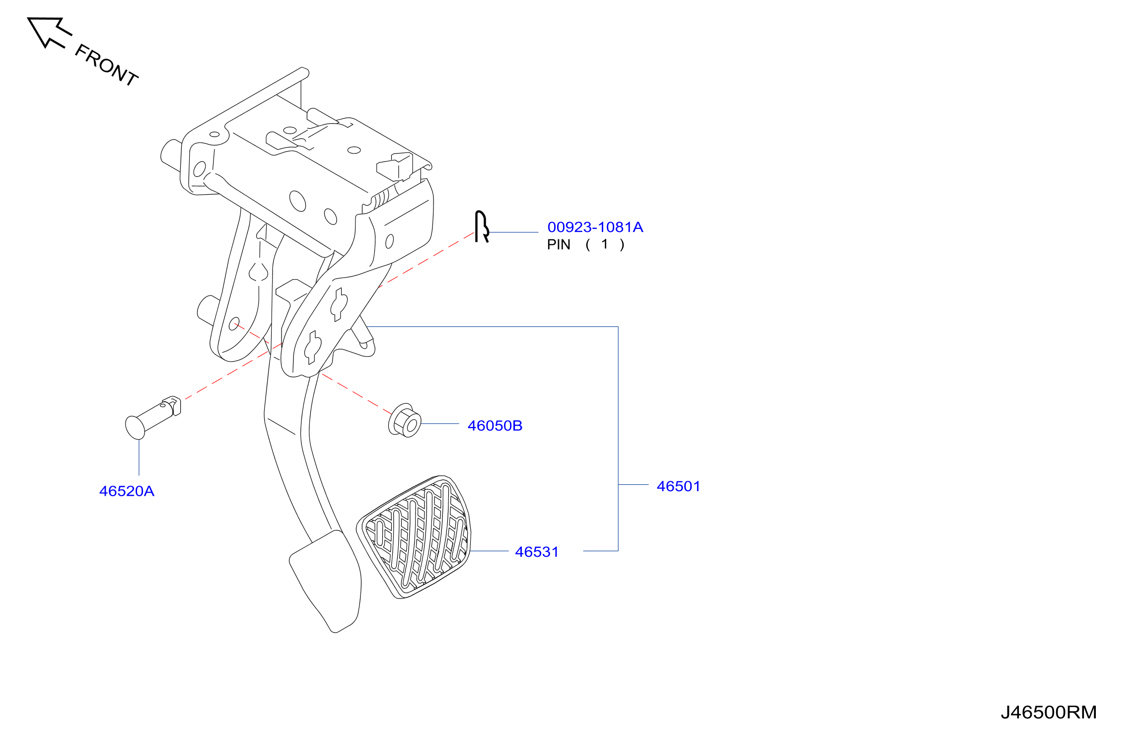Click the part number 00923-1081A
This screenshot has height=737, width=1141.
[595, 227]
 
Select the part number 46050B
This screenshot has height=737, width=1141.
[495, 426]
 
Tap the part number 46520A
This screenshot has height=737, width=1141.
[127, 491]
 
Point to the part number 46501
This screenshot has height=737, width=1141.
[678, 486]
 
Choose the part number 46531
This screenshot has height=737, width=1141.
[537, 552]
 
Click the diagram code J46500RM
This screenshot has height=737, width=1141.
[1049, 712]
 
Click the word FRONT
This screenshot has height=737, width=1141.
[106, 65]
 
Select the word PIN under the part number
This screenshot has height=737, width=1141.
[559, 244]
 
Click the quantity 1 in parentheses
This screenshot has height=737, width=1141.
[604, 244]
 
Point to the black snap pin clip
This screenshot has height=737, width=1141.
[481, 226]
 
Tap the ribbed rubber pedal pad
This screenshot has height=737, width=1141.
[414, 537]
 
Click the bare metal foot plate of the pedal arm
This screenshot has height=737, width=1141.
[326, 581]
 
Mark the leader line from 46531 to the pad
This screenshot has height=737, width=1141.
[489, 551]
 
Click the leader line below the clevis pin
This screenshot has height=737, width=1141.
[139, 457]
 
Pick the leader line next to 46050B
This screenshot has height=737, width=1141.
[440, 424]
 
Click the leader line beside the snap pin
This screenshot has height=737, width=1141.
[514, 232]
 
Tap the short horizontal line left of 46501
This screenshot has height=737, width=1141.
[634, 484]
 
